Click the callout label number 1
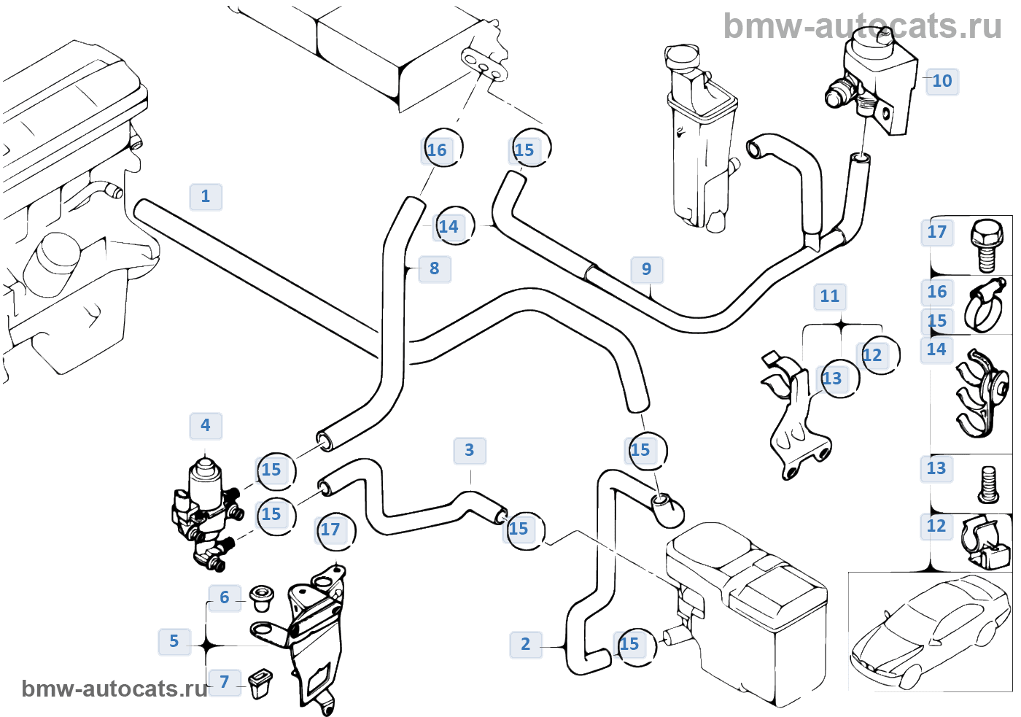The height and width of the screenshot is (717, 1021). (206, 197)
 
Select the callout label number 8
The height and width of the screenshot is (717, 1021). (435, 269)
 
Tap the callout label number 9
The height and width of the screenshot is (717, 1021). (647, 269)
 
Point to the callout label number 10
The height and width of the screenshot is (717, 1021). (942, 82)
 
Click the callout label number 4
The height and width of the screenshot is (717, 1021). (206, 426)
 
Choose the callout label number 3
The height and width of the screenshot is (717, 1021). (470, 451)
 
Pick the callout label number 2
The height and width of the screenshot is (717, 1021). (526, 645)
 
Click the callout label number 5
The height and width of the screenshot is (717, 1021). (174, 642)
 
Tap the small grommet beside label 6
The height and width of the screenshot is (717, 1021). (261, 599)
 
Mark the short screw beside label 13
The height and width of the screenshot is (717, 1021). (988, 484)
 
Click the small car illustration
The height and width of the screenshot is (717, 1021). (929, 632)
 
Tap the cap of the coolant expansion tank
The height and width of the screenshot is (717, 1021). (680, 57)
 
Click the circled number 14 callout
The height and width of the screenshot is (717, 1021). (452, 226)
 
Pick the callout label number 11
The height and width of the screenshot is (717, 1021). (830, 297)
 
